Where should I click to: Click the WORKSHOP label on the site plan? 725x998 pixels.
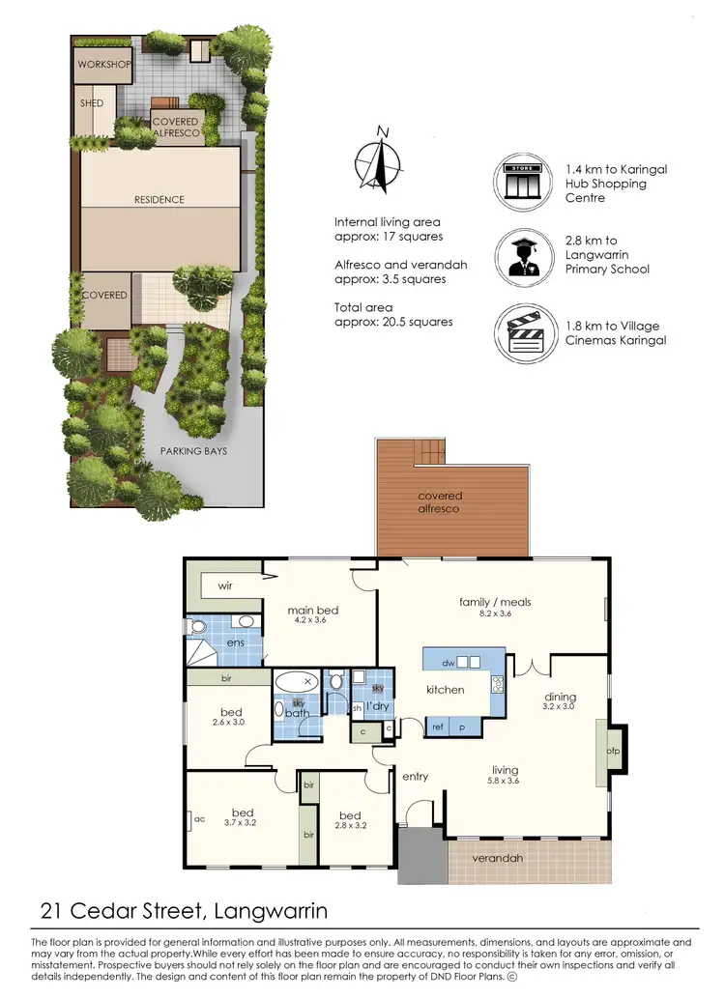[x=104, y=64]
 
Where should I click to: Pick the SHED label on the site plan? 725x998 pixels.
[x=91, y=101]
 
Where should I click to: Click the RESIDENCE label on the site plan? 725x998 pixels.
[x=159, y=200]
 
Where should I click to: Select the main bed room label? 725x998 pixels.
[x=313, y=611]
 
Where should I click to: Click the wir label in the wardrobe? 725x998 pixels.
[x=225, y=585]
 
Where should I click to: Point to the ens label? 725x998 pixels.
[x=234, y=642]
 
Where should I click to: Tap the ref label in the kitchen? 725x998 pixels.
[x=437, y=727]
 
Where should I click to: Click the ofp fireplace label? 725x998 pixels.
[x=612, y=750]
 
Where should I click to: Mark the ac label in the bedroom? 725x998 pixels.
[x=199, y=819]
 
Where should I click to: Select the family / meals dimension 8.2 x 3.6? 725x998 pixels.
[x=495, y=614]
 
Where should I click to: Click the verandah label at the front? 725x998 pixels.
[x=498, y=859]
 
